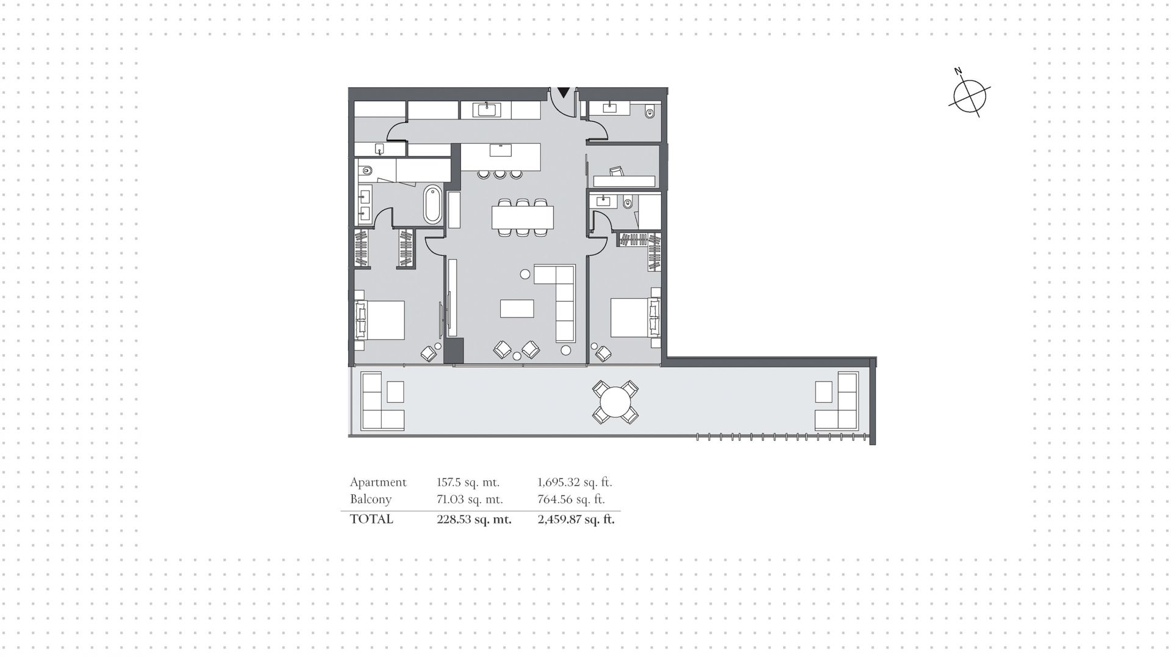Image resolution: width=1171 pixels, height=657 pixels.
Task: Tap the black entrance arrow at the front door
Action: [564, 93]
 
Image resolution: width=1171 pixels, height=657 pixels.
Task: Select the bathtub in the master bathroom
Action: [432, 204]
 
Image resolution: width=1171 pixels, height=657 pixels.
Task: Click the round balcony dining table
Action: [615, 402]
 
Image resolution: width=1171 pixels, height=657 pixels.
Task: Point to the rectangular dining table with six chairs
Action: [523, 217]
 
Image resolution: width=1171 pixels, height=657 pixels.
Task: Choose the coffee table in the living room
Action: [517, 308]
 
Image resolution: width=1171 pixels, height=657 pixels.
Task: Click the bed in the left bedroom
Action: [380, 320]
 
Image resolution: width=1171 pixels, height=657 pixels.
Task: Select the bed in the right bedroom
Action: [636, 318]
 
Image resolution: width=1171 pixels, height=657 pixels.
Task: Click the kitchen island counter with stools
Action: [501, 157]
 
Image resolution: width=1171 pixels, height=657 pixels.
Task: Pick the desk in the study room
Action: [624, 181]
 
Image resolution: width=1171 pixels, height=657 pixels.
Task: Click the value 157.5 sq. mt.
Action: [468, 482]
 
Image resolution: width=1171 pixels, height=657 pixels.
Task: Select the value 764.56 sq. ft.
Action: [571, 499]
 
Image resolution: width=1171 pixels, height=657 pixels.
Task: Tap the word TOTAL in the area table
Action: [371, 519]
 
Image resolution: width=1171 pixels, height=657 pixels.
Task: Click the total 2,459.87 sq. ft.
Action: [576, 519]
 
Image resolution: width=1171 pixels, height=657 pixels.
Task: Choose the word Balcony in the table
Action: [371, 499]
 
